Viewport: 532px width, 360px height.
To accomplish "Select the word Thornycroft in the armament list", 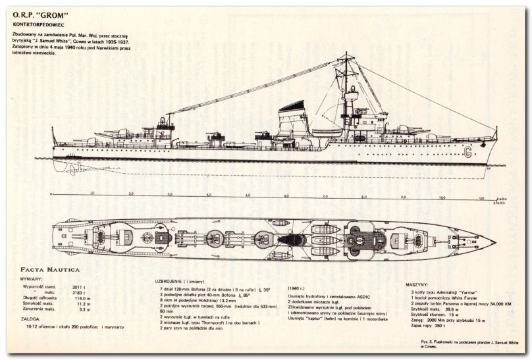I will click(x=226, y=322).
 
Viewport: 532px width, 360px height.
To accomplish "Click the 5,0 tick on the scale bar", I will click(x=248, y=195).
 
